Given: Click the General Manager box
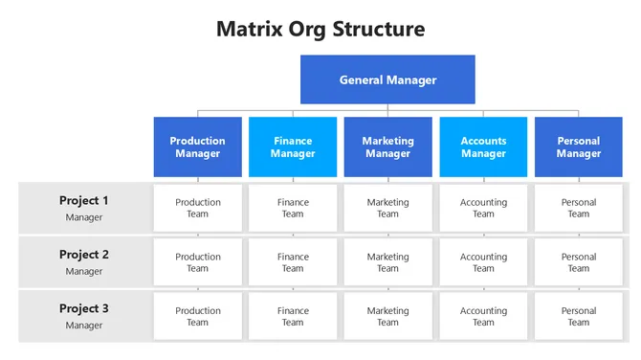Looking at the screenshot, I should [x=387, y=79].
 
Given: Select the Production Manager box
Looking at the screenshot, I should [x=198, y=147].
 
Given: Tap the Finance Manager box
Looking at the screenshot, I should [x=293, y=147].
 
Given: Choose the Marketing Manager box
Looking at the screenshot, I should [x=387, y=147].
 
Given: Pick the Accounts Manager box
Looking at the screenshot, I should [x=483, y=147].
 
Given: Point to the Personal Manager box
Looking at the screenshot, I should [x=578, y=147].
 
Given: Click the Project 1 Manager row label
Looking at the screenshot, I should [x=84, y=208].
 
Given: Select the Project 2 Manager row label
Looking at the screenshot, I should [x=84, y=262].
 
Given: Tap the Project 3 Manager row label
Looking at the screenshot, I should [x=84, y=316].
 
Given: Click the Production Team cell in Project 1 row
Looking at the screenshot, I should [x=198, y=208].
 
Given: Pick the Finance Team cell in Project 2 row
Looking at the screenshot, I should [x=293, y=262].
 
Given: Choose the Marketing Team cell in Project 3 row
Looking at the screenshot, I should [x=387, y=316].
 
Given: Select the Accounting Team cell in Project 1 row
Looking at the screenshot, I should [x=483, y=208].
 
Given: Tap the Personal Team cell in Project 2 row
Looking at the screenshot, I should [x=578, y=262].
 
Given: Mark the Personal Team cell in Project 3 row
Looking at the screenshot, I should [x=578, y=316].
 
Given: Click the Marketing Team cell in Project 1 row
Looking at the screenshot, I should [x=387, y=208].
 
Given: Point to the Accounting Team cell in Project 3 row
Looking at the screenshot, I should [x=483, y=316].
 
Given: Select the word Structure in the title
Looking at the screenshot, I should [x=378, y=29].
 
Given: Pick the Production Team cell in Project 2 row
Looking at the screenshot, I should [x=198, y=262].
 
